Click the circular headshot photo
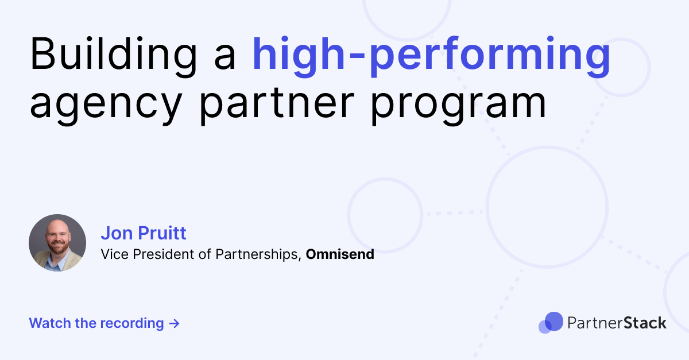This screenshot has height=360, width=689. pyautogui.click(x=57, y=243)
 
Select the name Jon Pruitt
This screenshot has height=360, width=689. pyautogui.click(x=144, y=233)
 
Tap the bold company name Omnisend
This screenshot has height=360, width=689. pyautogui.click(x=340, y=254)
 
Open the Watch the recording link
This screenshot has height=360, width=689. pyautogui.click(x=104, y=323)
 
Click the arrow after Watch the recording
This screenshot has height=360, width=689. pyautogui.click(x=175, y=323)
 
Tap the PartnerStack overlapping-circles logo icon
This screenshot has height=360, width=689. pyautogui.click(x=551, y=323)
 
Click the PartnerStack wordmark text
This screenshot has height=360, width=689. pyautogui.click(x=617, y=323)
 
